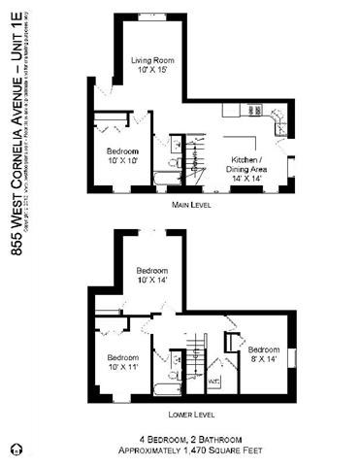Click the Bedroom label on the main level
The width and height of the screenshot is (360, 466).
coord(122,151)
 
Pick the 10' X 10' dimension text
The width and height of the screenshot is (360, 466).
coord(122,161)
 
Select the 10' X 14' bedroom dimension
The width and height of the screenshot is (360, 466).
coord(152,280)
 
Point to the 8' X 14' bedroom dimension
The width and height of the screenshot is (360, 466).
coord(263,359)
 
